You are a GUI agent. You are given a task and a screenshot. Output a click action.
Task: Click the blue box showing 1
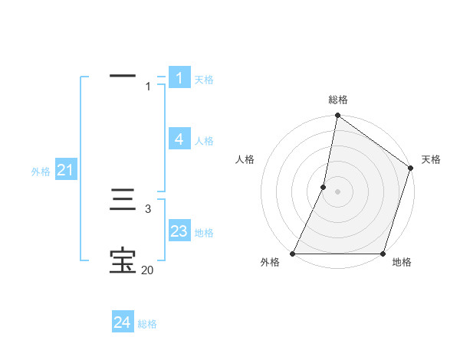179,77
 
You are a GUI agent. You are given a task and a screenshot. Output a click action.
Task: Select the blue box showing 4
179,139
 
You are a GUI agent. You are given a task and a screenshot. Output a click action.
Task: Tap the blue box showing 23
179,231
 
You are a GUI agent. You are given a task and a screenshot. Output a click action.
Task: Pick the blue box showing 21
65,170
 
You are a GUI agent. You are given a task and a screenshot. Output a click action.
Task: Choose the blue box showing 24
123,322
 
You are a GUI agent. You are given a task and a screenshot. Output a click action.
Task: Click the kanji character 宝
123,261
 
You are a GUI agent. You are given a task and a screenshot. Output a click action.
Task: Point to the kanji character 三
123,202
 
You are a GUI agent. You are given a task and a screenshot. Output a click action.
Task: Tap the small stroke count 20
147,270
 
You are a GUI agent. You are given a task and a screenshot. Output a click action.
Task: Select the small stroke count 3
148,208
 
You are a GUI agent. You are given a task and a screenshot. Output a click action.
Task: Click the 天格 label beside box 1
204,80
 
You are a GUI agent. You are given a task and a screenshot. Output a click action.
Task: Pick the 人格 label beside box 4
204,141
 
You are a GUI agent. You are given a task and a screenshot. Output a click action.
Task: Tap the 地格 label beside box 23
204,233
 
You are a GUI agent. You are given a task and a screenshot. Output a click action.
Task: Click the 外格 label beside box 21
41,172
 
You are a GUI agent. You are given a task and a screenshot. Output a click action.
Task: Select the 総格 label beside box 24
147,325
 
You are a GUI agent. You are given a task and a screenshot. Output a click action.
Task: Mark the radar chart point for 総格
337,116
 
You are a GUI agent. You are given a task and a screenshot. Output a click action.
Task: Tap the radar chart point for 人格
324,187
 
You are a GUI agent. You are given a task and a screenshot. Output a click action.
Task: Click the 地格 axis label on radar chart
402,263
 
